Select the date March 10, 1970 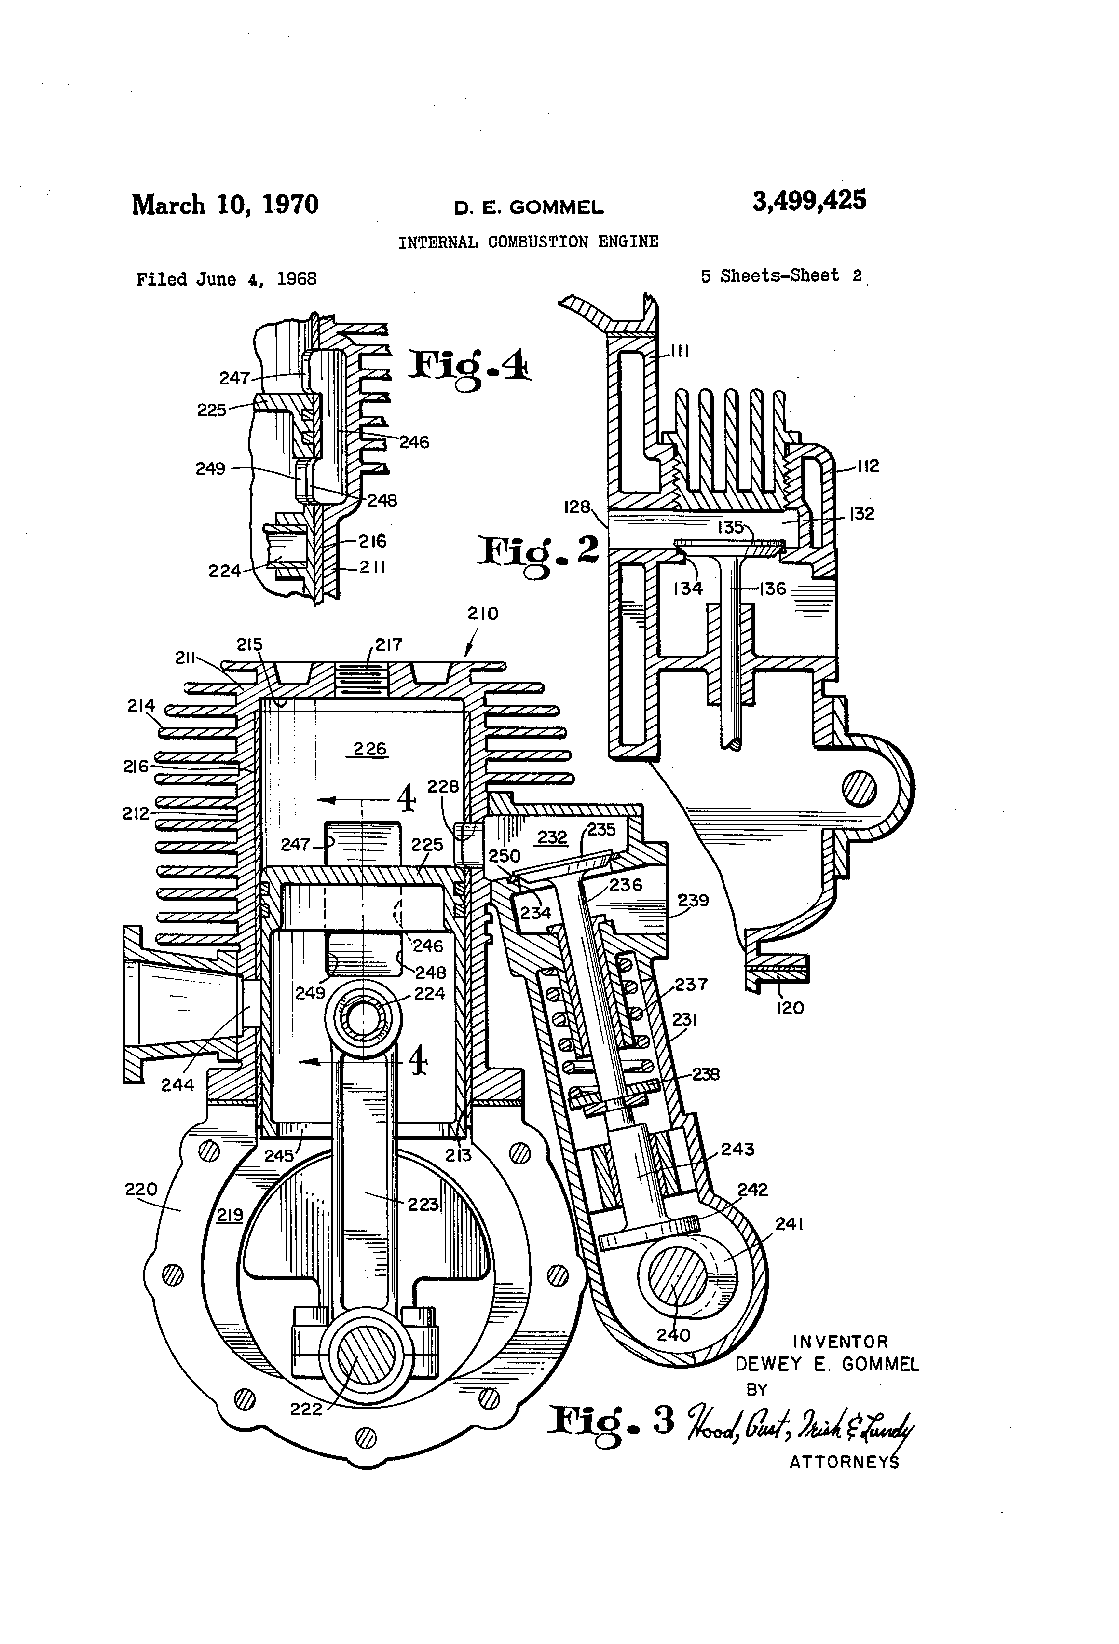pyautogui.click(x=225, y=205)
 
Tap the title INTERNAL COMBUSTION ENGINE pyautogui.click(x=528, y=242)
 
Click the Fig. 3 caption pyautogui.click(x=612, y=1422)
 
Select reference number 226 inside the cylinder pyautogui.click(x=369, y=748)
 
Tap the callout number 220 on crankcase pyautogui.click(x=141, y=1189)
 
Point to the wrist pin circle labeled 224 pyautogui.click(x=363, y=1021)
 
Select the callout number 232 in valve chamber pyautogui.click(x=552, y=837)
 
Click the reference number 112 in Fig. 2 pyautogui.click(x=867, y=466)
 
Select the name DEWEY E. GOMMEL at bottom pyautogui.click(x=827, y=1364)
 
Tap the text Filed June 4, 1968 pyautogui.click(x=226, y=279)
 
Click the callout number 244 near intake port pyautogui.click(x=177, y=1084)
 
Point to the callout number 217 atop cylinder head pyautogui.click(x=388, y=644)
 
